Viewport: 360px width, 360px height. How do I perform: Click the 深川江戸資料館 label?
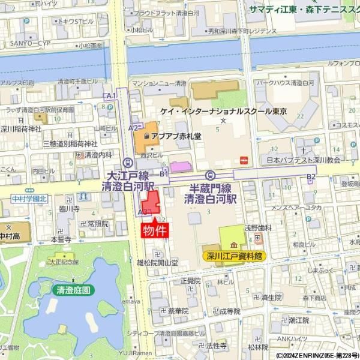[x=235, y=256]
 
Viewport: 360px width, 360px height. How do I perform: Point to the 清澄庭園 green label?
[x=73, y=290]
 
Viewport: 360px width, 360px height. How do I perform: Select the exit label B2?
[x=311, y=176]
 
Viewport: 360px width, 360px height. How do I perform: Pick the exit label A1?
[x=110, y=96]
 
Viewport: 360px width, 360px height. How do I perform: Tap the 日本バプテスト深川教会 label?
[x=304, y=160]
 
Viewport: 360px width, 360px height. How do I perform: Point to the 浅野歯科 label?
[x=254, y=228]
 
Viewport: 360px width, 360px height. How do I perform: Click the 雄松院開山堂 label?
[x=157, y=262]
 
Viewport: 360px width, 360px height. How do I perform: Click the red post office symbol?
[x=244, y=160]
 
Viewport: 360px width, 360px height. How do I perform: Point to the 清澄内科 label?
[x=98, y=154]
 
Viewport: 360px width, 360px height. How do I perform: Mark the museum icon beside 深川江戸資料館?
[x=232, y=244]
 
